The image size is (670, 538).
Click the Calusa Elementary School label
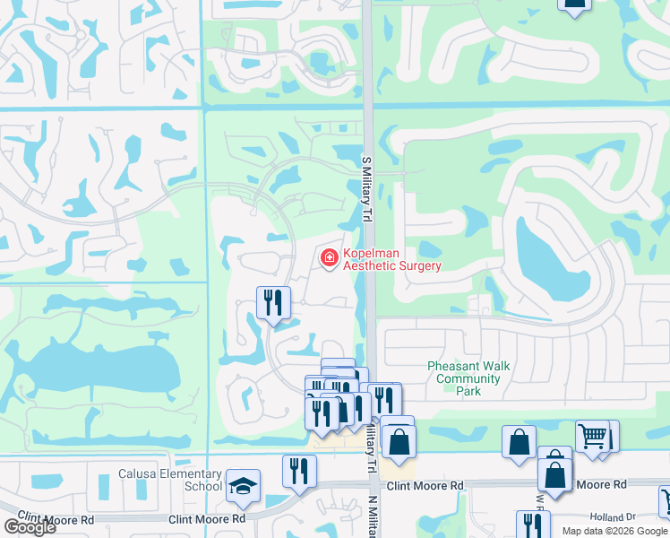coord(170,480)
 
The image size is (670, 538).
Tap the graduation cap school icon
coord(243,485)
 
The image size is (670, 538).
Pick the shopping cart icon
coord(592,436)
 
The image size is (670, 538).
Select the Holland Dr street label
coord(612,517)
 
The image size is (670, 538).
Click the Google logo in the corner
coord(29,526)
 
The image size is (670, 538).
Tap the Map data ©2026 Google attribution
coord(614,531)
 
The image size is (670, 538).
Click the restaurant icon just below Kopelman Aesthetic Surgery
coord(274,302)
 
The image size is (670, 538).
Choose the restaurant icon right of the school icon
coord(299,471)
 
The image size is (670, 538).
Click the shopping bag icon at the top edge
coord(574,4)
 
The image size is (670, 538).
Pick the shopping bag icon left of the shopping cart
coord(520,441)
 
